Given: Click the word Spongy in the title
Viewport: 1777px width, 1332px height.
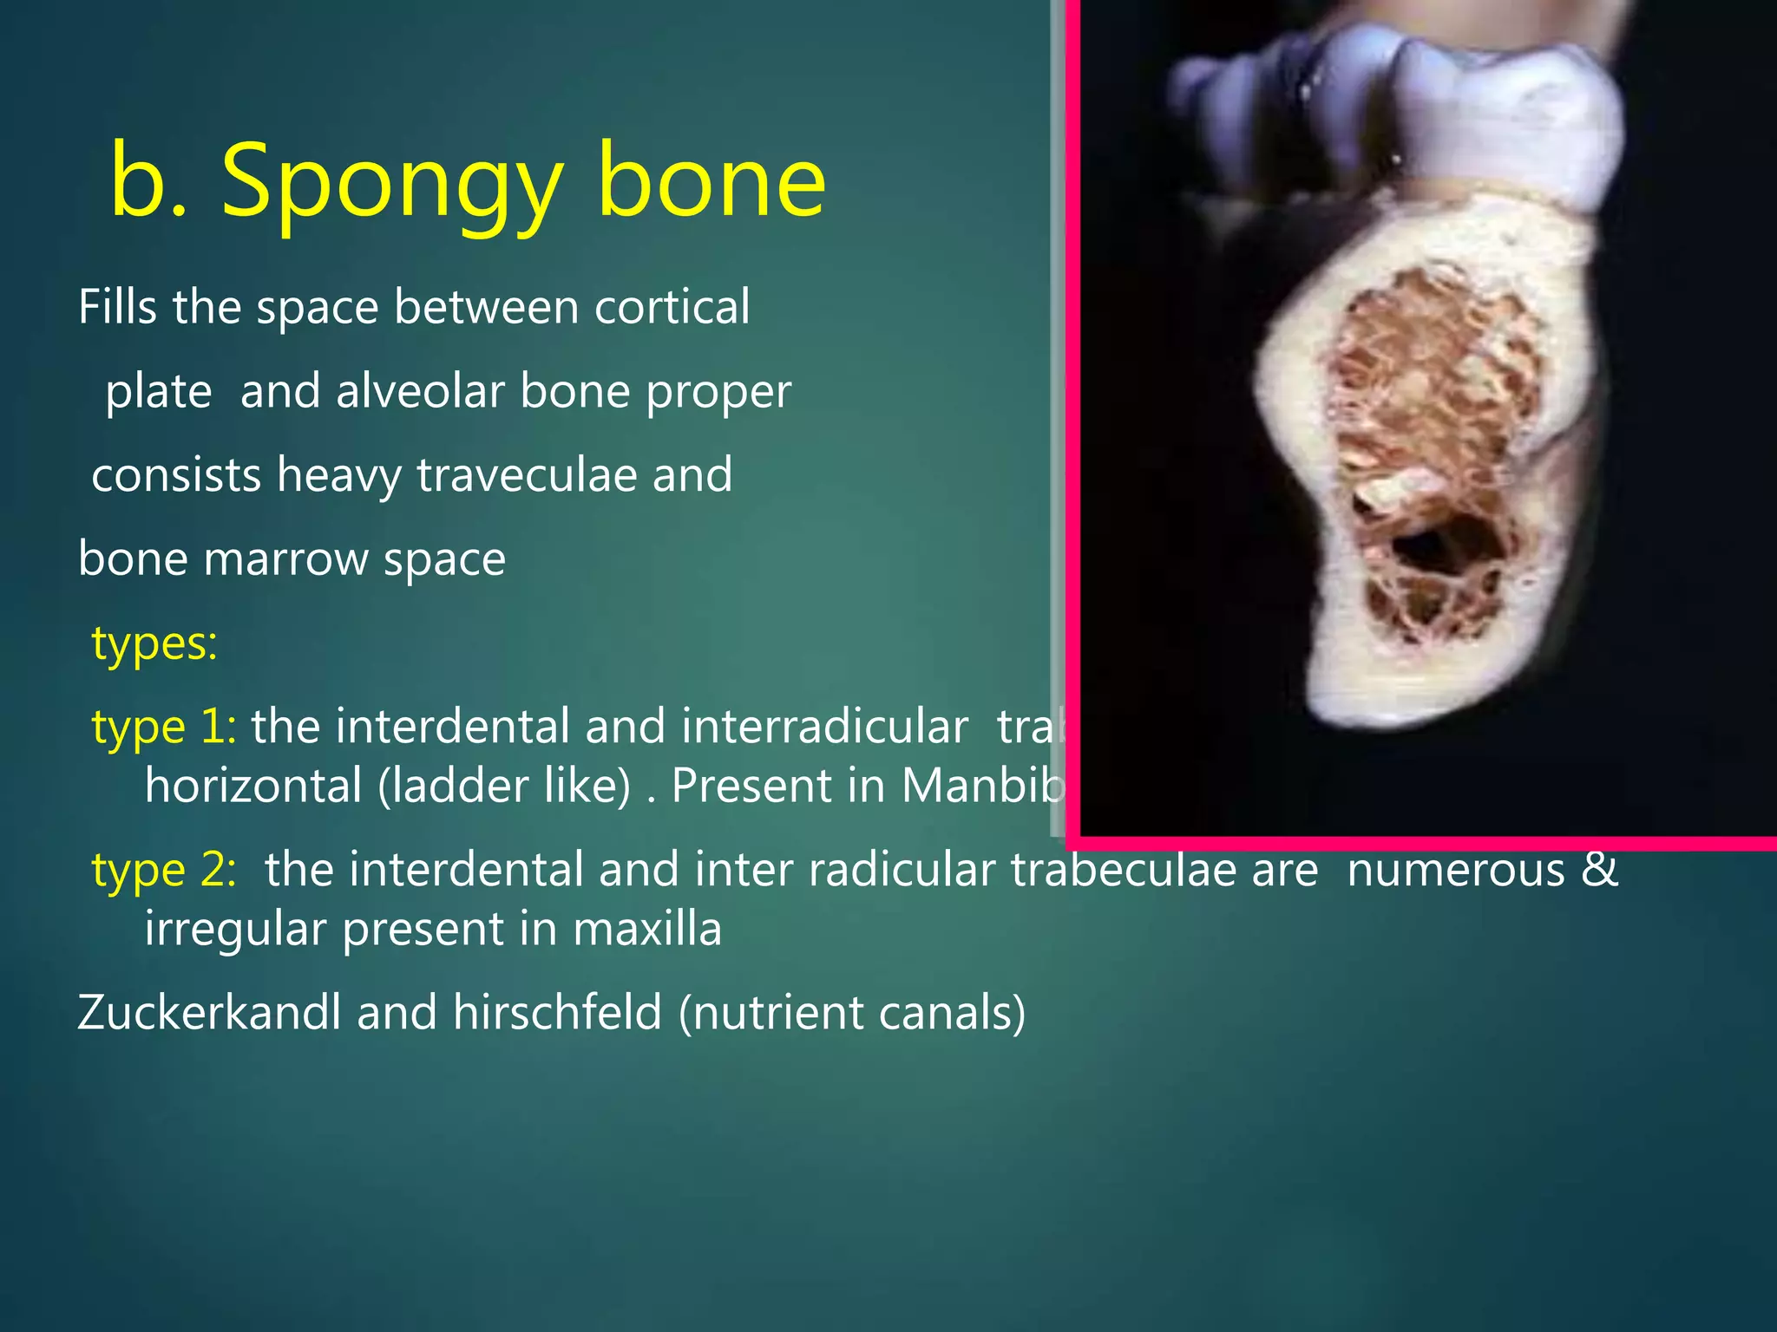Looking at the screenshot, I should (390, 182).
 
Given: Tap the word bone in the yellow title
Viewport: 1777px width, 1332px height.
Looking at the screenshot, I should (711, 182).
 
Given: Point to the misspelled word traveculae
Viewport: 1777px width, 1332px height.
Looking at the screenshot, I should (527, 475).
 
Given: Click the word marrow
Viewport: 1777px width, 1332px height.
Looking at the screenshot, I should (285, 559).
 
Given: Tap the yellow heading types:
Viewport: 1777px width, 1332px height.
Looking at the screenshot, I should (154, 643).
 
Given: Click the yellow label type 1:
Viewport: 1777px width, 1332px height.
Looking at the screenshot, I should (163, 727).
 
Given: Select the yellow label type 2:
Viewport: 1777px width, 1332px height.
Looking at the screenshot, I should (163, 870).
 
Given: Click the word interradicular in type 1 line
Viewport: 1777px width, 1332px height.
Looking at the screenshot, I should (824, 727).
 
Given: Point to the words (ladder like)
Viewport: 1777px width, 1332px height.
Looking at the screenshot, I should (503, 787).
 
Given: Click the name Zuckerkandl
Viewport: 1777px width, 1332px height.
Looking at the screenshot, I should (209, 1013).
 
